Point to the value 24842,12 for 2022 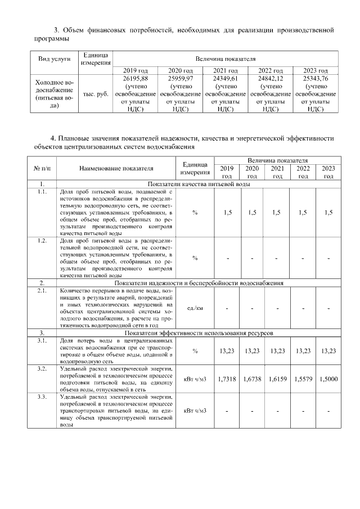click(270, 79)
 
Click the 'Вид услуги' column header click(54, 59)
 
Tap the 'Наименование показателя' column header click(116, 168)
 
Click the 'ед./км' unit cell click(195, 308)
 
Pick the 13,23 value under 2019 click(227, 351)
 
